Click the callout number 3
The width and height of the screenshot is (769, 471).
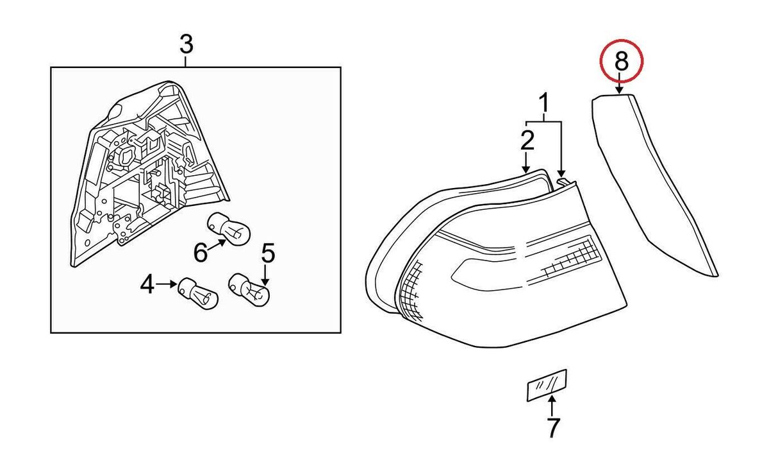tap(185, 46)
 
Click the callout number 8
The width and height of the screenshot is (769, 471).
tap(620, 62)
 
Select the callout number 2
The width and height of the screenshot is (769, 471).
tap(527, 139)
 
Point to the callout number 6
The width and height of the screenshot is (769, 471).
tap(201, 253)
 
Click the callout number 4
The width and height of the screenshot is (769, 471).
tap(147, 284)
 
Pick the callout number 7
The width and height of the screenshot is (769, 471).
tap(552, 427)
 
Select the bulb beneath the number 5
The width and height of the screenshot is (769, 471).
tap(251, 289)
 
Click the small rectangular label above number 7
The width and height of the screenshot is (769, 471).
tap(547, 384)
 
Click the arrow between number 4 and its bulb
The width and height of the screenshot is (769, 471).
tap(168, 284)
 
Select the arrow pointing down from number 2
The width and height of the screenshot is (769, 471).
tap(527, 160)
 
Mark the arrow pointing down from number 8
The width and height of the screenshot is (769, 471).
tap(620, 85)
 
